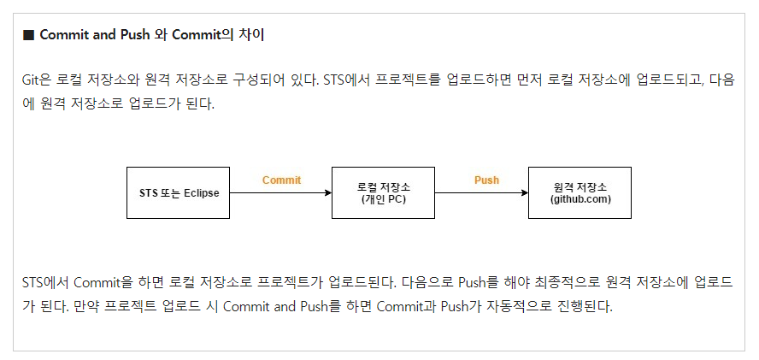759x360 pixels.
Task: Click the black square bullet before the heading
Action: tap(27, 35)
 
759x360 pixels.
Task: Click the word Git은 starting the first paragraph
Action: tap(37, 80)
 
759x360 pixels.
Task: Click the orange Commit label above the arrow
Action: tap(281, 180)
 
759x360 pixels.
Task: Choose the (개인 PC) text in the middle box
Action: tap(384, 200)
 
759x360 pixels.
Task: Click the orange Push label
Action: tap(486, 180)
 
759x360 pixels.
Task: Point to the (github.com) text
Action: tap(580, 200)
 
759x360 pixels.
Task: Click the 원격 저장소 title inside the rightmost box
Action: tap(580, 186)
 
